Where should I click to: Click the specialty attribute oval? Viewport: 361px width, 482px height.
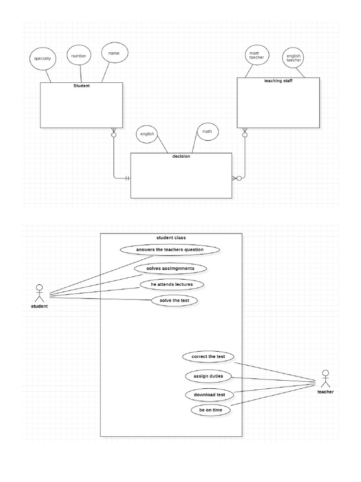42,59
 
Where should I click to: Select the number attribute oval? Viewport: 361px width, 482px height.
78,56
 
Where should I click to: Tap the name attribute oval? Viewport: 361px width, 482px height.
114,54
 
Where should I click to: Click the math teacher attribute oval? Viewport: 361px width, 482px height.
257,56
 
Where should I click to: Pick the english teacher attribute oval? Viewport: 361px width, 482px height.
294,58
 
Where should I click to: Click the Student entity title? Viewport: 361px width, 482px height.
81,86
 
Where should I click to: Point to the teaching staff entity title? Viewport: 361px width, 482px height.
278,81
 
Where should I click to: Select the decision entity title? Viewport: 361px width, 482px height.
181,156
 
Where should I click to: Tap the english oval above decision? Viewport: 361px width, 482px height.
147,134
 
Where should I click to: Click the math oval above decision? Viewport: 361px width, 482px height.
207,132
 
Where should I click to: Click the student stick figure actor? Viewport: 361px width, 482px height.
39,294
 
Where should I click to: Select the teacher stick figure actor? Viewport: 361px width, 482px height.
325,379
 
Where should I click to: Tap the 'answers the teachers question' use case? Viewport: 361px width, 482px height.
170,250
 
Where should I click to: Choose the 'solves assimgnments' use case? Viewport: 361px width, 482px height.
170,268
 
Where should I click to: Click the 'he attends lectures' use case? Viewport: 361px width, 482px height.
172,285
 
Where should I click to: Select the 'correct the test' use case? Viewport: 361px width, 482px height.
208,357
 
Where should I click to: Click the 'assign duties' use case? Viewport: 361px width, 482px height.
208,377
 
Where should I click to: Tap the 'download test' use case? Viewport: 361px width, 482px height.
209,394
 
